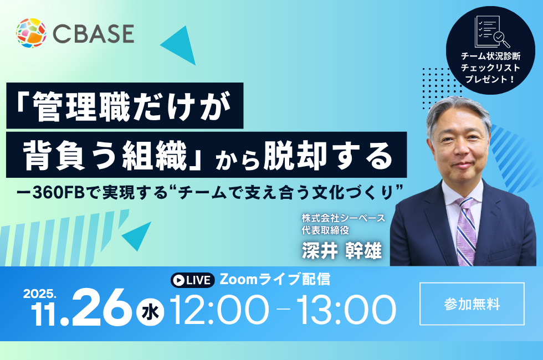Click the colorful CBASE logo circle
point(31,33)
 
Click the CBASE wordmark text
point(94,34)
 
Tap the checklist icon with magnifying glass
point(491,32)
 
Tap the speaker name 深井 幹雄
point(342,250)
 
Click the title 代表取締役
point(325,230)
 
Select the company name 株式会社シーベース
point(343,218)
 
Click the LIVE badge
point(193,280)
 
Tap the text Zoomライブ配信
point(275,279)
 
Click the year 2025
point(39,294)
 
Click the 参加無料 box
point(472,304)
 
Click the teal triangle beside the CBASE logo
point(181,45)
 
